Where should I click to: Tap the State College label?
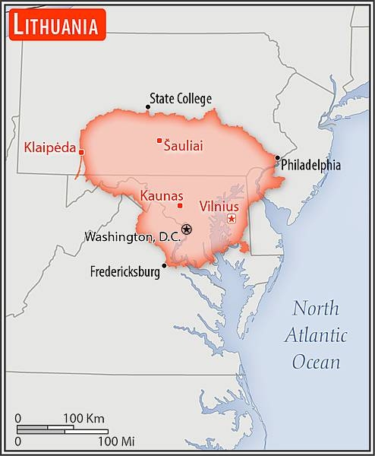181,99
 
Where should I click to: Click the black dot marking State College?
148,107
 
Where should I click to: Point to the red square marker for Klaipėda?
81,152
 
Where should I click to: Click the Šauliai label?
184,144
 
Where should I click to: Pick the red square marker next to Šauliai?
159,140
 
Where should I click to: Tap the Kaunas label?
162,195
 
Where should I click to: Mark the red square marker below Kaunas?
180,205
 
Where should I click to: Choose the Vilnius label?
219,206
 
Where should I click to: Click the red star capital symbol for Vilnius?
232,219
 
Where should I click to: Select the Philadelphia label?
310,165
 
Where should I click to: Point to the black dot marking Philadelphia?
277,158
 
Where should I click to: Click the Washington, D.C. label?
132,236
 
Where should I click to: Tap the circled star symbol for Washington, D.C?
187,229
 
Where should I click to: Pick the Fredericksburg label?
125,271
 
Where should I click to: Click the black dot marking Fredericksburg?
164,265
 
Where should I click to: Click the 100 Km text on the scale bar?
84,418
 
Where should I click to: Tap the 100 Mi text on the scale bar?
116,441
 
